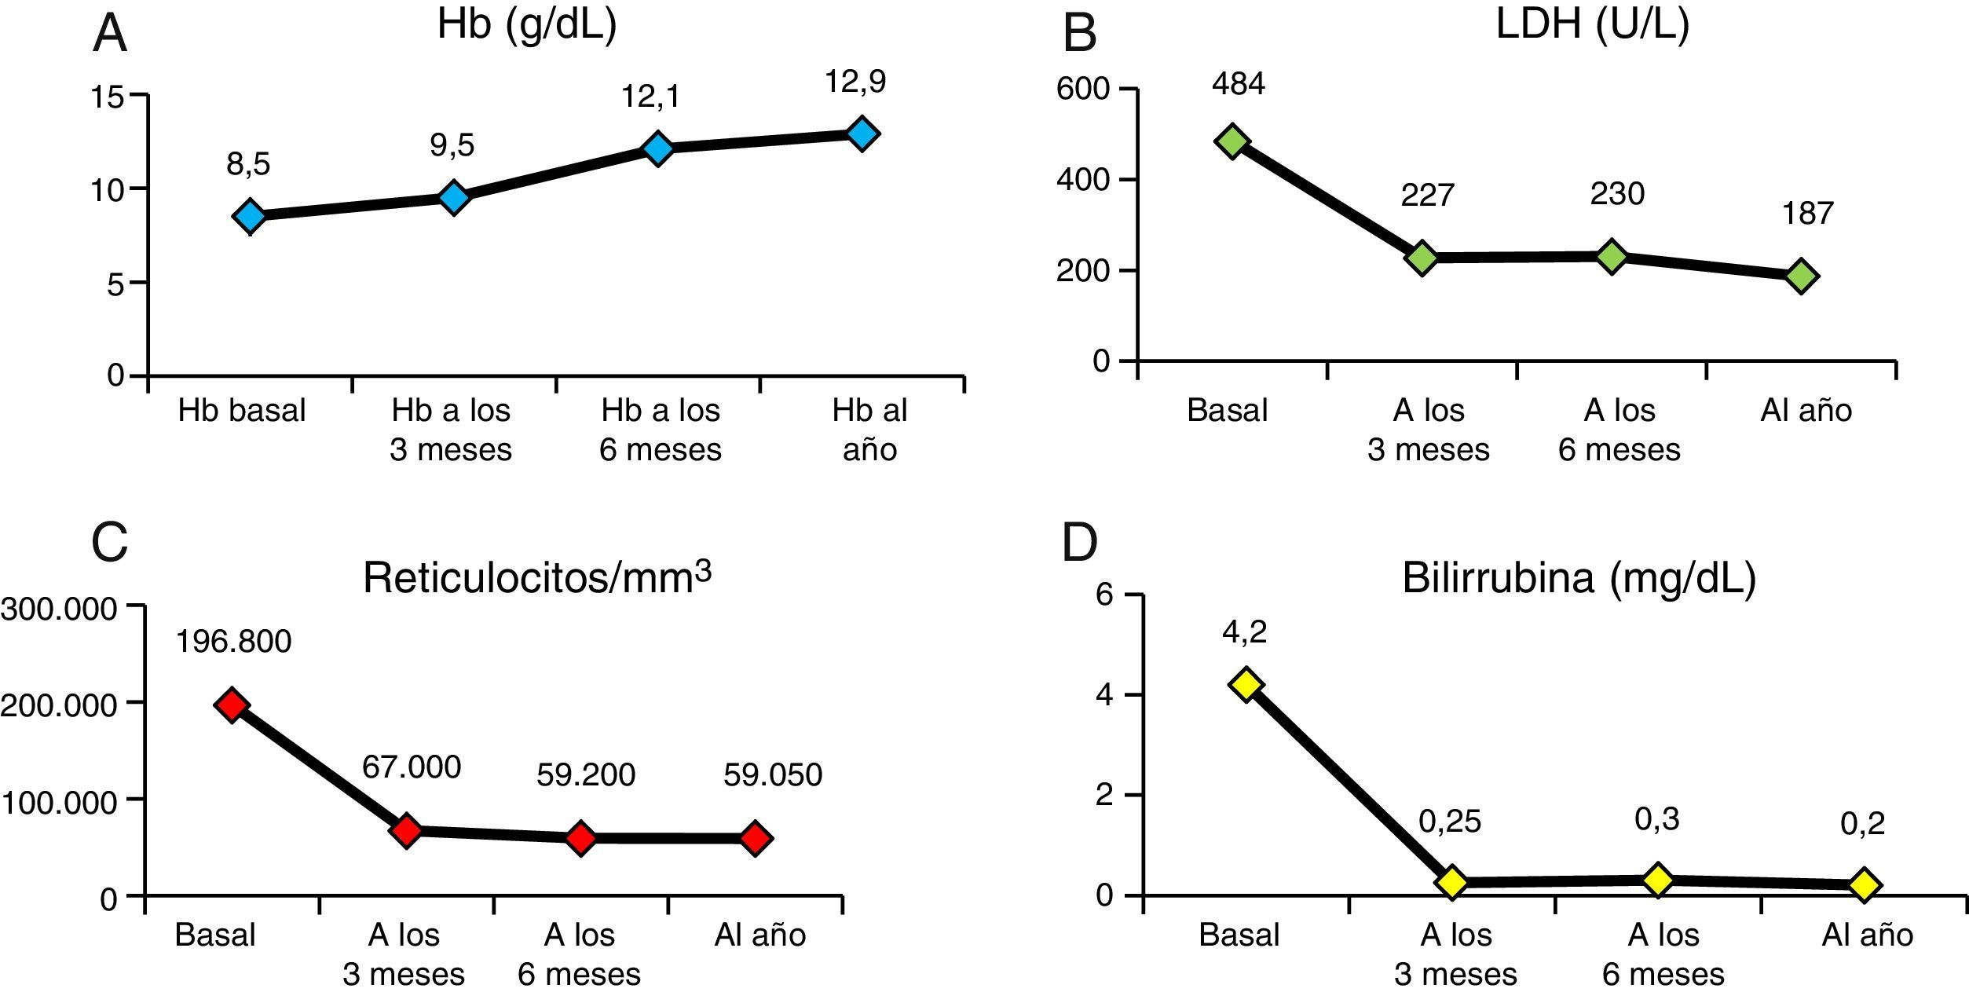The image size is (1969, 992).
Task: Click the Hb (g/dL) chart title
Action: click(x=527, y=24)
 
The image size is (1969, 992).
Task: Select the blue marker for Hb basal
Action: click(x=251, y=215)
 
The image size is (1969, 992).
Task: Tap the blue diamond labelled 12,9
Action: click(x=862, y=134)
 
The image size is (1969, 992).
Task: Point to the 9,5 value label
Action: click(x=452, y=145)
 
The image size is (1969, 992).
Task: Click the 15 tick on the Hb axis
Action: click(x=108, y=97)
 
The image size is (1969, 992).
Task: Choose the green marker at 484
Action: click(x=1232, y=141)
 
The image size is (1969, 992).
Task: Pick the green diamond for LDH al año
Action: click(x=1801, y=276)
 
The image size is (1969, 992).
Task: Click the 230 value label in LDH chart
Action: click(x=1617, y=194)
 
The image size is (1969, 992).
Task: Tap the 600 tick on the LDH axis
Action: click(x=1082, y=89)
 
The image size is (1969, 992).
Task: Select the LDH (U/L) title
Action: click(x=1592, y=24)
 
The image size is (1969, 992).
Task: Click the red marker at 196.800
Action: click(x=232, y=704)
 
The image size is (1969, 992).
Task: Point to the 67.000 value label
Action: click(x=412, y=767)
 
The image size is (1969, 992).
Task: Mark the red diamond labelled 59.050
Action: click(x=756, y=838)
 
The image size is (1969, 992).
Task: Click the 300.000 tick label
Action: click(x=59, y=609)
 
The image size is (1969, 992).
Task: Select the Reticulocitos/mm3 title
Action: click(x=537, y=578)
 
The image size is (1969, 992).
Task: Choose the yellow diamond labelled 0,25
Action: click(x=1451, y=882)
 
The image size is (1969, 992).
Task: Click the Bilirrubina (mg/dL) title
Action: click(x=1579, y=578)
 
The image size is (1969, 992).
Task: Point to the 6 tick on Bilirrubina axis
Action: click(x=1104, y=595)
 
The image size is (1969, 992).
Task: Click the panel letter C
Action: click(x=109, y=542)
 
